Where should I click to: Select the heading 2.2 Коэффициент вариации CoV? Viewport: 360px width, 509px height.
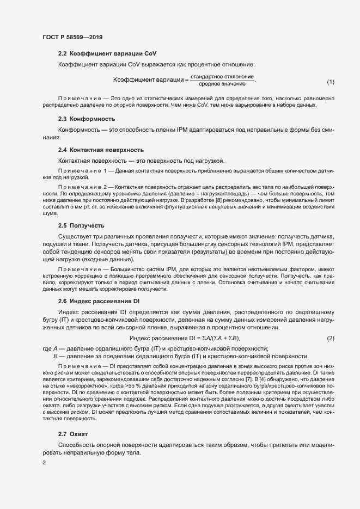coord(107,54)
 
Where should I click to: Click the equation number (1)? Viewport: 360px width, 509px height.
coord(330,82)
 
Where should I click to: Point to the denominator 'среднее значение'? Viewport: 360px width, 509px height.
coord(222,84)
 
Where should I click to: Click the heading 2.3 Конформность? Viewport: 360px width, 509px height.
coord(87,119)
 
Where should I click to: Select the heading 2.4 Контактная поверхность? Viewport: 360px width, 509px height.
coord(101,149)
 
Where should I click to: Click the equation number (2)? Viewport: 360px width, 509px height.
coord(330,339)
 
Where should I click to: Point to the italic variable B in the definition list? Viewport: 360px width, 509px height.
coord(56,355)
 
